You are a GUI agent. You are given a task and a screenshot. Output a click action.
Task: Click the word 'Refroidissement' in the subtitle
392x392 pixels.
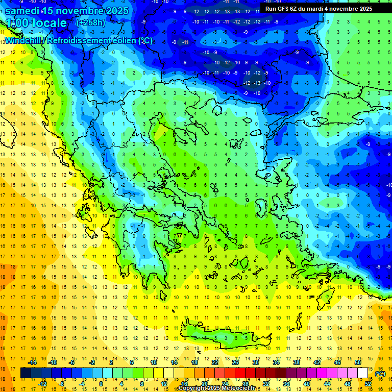point(79,41)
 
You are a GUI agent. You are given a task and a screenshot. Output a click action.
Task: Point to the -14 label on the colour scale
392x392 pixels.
point(32,362)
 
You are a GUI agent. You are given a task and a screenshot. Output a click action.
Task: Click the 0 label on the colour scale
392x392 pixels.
point(101,384)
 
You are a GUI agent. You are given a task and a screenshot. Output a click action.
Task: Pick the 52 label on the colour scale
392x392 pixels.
point(368,384)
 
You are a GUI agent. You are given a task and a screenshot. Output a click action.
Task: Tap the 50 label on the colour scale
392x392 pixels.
point(358,362)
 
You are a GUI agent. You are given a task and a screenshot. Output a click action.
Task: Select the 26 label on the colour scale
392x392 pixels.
point(235,362)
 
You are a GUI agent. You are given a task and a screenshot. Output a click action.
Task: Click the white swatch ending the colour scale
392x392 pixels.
point(363,373)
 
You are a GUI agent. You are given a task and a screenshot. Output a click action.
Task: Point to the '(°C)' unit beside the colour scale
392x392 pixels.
point(380,374)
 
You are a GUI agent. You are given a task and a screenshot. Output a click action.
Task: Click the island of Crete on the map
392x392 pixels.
point(225,336)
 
